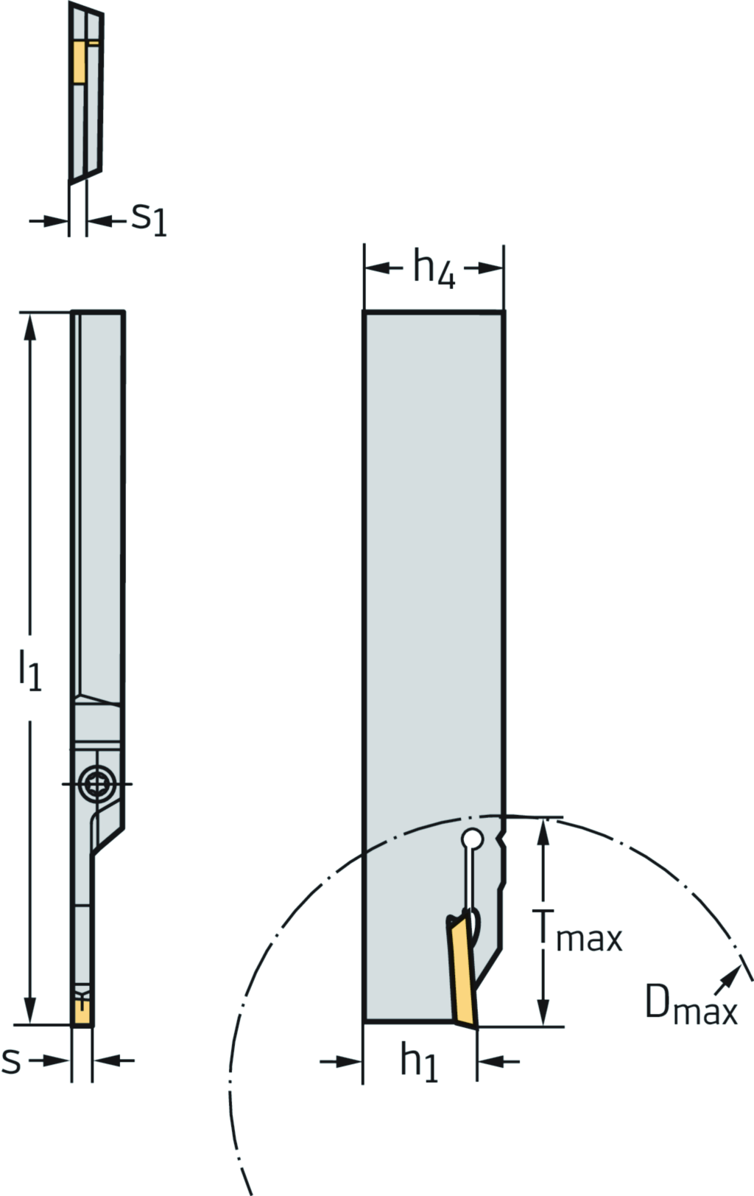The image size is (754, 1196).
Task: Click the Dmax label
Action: [691, 1003]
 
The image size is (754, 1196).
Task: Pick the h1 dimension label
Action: [419, 1062]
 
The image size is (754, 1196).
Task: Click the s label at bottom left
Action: [11, 1060]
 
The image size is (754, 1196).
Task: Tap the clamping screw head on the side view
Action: [96, 783]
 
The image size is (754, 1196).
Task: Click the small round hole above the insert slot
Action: [472, 839]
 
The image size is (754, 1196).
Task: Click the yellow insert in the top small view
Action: [79, 62]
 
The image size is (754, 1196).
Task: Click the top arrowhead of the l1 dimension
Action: [30, 324]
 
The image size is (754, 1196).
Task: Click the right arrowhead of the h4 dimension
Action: [493, 268]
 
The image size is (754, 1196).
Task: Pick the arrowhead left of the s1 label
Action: [59, 220]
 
